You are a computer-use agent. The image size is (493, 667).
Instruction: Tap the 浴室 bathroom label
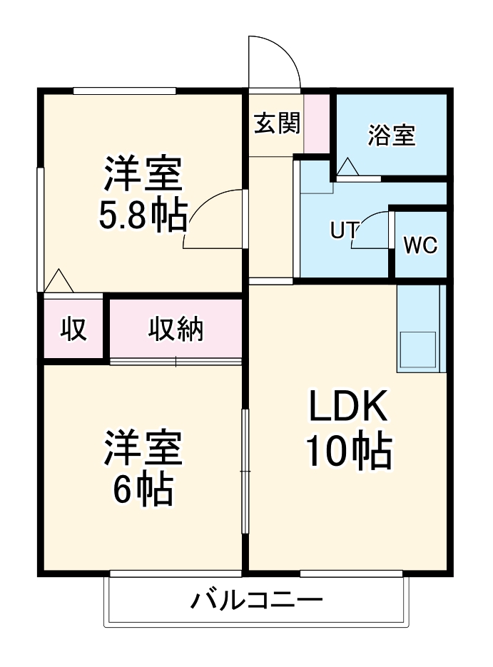[391, 135]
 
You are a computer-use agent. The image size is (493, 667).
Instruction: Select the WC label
[420, 245]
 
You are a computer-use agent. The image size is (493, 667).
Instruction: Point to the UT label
[344, 230]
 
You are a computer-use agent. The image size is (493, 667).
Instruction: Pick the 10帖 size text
[349, 452]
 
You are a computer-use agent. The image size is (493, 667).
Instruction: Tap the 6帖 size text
[142, 489]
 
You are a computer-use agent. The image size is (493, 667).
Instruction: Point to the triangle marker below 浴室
[348, 168]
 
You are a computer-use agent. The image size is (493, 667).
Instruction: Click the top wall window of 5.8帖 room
[125, 91]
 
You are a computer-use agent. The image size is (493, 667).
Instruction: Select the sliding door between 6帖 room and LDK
[245, 471]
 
